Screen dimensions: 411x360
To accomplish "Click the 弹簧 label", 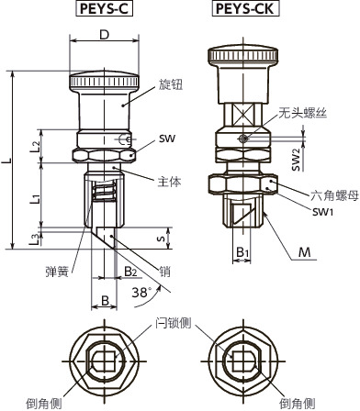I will pyautogui.click(x=56, y=272).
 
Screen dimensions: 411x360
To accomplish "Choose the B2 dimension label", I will pyautogui.click(x=131, y=272).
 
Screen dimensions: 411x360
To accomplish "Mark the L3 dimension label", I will pyautogui.click(x=35, y=239).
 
